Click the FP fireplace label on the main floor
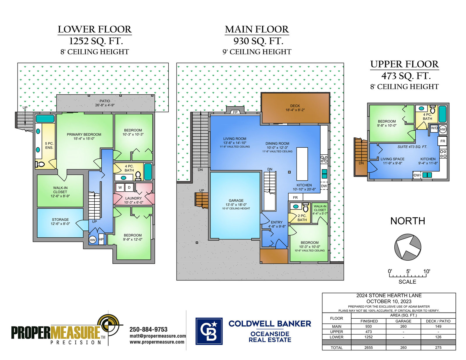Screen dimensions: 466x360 235,112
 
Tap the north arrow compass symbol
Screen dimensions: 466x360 407,247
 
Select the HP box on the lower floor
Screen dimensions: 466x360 101,239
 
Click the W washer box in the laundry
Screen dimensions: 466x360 120,187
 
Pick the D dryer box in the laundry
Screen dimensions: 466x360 129,187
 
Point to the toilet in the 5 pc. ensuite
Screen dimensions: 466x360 40,164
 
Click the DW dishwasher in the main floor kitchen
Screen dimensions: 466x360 324,186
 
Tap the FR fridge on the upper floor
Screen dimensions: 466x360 442,141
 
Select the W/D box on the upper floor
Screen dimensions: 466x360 434,128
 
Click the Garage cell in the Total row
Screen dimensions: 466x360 403,347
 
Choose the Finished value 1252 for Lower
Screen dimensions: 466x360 368,337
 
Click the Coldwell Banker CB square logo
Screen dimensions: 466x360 209,331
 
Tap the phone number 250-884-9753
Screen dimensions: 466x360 149,329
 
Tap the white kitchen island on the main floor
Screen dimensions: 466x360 302,164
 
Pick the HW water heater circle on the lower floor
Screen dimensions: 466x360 92,240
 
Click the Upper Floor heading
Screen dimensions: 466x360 405,64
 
